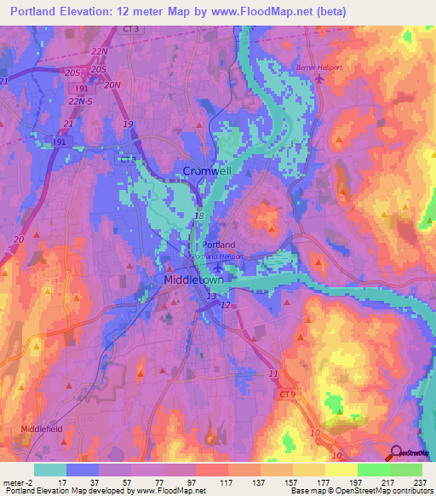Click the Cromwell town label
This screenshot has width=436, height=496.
pos(207,171)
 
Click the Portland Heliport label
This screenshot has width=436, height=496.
pos(217,256)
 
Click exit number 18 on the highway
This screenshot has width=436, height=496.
pos(198,217)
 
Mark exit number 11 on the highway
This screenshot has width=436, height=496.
pos(273,374)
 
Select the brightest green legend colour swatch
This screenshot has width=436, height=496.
pos(405,470)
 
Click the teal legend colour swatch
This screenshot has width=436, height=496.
pos(50,470)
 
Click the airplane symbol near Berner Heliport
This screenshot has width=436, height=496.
pos(319,78)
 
